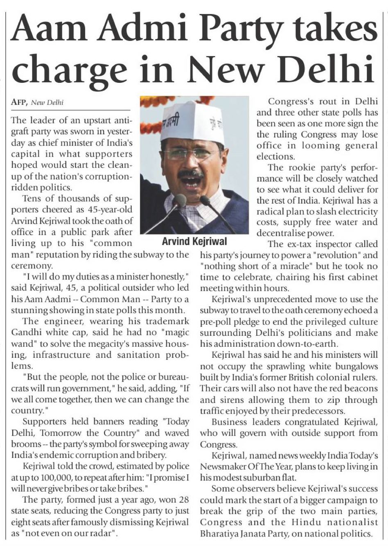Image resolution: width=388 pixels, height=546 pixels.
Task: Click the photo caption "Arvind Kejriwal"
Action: click(194, 241)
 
